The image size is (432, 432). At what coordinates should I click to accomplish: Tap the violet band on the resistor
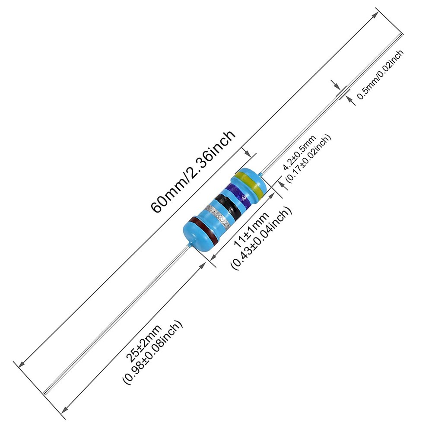[237, 196]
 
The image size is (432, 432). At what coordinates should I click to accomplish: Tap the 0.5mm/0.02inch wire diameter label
[380, 74]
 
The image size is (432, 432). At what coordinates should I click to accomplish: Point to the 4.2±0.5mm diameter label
[299, 152]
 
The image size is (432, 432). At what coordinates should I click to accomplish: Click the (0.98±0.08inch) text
[152, 353]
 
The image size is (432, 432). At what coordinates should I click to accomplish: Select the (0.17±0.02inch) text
[308, 159]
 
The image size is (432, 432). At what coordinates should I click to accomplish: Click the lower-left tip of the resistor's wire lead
[44, 393]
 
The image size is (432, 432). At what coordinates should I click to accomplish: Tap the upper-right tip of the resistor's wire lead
[401, 34]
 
